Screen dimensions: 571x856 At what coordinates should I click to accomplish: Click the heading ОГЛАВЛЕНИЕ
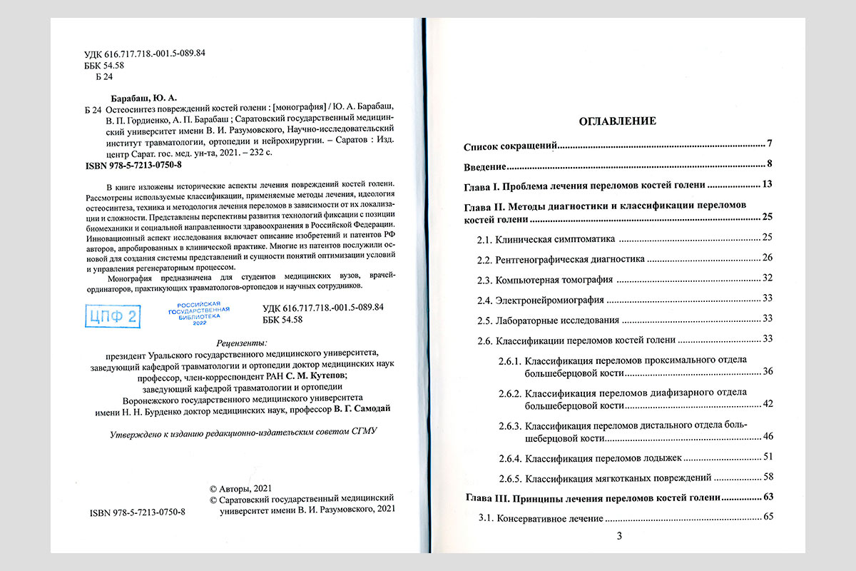point(616,121)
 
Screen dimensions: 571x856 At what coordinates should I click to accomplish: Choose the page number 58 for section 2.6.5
point(768,476)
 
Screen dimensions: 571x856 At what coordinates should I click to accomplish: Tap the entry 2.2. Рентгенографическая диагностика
point(560,258)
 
